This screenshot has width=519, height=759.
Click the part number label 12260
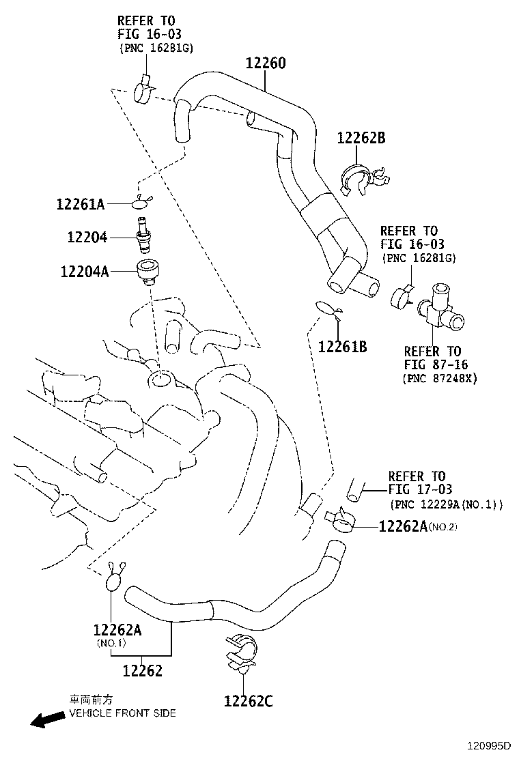click(266, 63)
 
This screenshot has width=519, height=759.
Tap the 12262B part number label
click(361, 138)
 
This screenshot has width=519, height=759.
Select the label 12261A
click(80, 203)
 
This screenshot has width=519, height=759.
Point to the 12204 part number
click(87, 238)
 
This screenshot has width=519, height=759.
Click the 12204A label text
click(84, 272)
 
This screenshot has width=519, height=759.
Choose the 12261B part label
click(342, 347)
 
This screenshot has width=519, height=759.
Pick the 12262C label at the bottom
click(248, 700)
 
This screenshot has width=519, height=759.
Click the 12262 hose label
click(143, 671)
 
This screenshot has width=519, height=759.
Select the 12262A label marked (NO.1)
click(117, 629)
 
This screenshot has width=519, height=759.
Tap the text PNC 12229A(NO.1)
click(447, 505)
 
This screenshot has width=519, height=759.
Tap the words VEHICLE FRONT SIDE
click(122, 713)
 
